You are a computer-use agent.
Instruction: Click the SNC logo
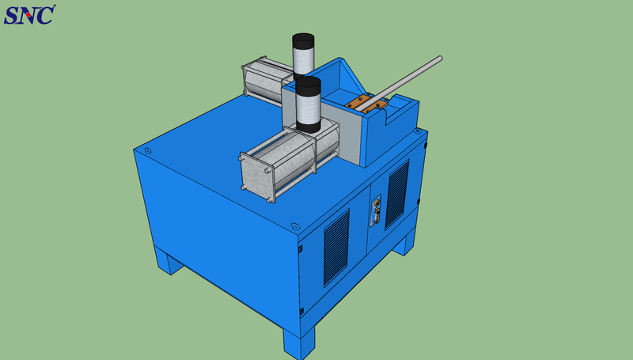pos(29,15)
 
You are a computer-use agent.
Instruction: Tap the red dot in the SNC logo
pos(28,14)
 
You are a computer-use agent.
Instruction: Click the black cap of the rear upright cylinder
pos(303,41)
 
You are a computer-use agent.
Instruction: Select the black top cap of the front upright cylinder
pos(308,86)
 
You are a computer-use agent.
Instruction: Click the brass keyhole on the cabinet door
pos(377,202)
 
